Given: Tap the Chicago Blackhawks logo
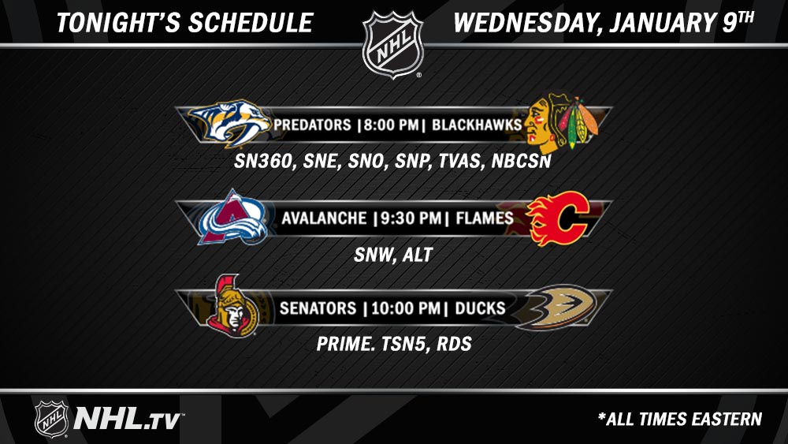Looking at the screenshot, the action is click(x=561, y=123).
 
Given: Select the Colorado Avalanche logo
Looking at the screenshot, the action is click(x=232, y=217).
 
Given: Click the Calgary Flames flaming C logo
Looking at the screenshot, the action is click(x=558, y=218).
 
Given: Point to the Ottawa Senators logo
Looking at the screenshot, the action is click(x=232, y=306).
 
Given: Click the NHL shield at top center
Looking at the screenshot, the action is click(x=393, y=45).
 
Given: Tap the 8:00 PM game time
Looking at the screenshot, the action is click(x=391, y=125).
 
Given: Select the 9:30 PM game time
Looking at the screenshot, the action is click(x=411, y=218).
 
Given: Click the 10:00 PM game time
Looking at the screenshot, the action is click(x=406, y=308).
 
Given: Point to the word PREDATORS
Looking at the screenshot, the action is click(x=312, y=125).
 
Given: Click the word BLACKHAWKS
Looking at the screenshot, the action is click(x=477, y=125).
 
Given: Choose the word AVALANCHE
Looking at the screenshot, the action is click(x=324, y=218).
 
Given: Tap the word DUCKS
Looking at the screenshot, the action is click(x=480, y=308).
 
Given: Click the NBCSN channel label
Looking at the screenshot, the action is click(x=521, y=161).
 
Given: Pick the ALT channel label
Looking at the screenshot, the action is click(x=417, y=255).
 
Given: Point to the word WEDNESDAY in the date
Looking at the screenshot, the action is click(x=524, y=23).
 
